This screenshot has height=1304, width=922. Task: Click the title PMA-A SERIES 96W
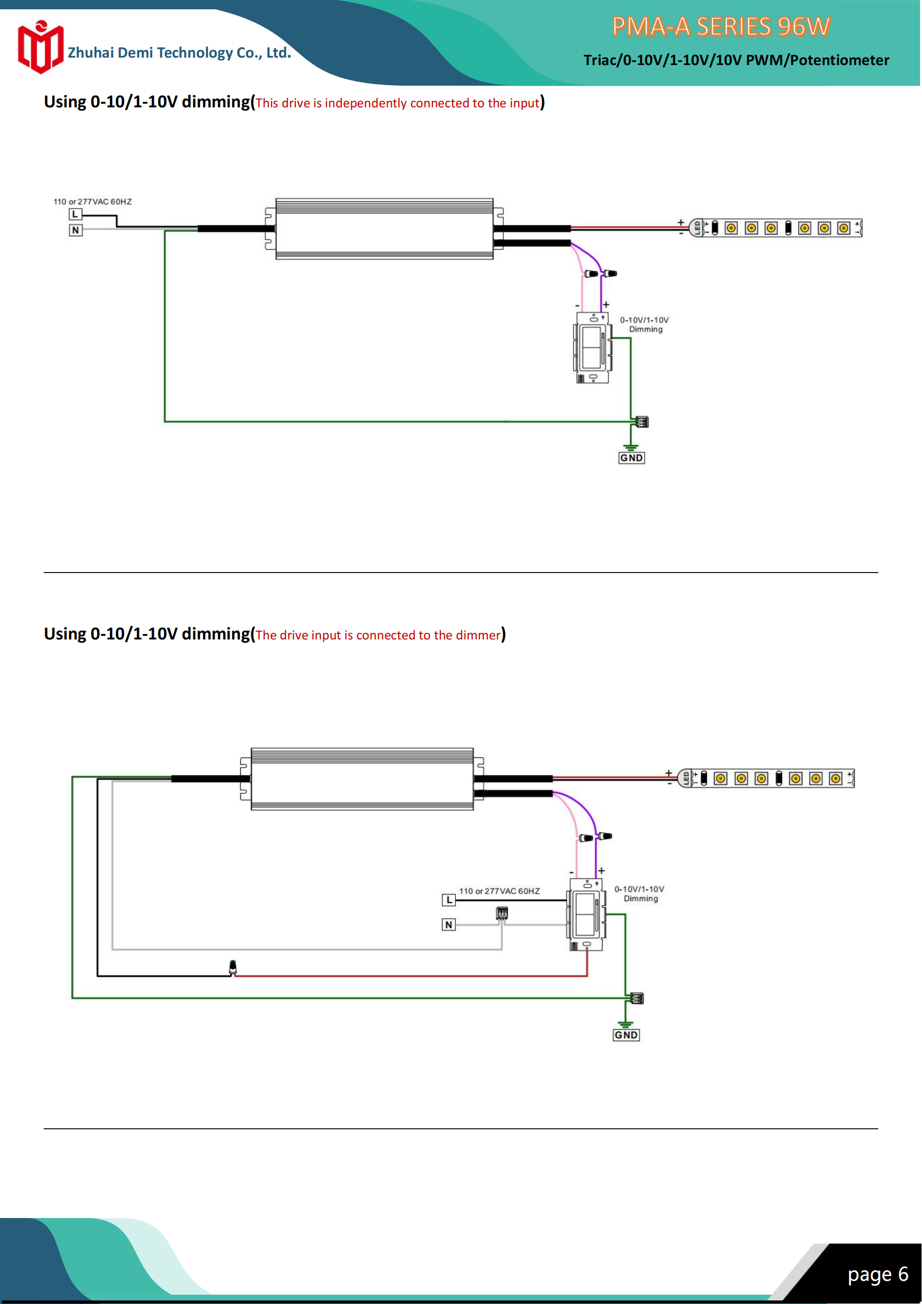click(x=721, y=26)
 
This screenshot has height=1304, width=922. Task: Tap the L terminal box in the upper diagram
click(x=75, y=214)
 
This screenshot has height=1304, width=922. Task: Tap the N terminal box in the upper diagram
click(x=75, y=230)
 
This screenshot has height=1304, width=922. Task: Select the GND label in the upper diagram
click(x=631, y=458)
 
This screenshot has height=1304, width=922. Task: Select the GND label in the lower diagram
click(x=626, y=1035)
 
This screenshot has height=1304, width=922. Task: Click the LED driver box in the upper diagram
click(x=384, y=229)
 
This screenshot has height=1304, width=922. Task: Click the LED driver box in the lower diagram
click(x=362, y=779)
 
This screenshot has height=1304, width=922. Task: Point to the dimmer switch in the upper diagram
click(x=593, y=348)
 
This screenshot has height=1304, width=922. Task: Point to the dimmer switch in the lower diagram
click(x=586, y=915)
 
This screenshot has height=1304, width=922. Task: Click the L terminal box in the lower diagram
click(x=449, y=900)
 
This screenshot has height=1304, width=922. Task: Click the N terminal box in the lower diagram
click(x=449, y=925)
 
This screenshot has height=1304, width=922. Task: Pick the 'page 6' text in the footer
click(x=878, y=1274)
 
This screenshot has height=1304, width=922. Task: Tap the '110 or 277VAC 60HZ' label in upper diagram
click(x=92, y=202)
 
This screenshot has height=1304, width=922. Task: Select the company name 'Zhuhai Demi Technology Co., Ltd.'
click(x=179, y=53)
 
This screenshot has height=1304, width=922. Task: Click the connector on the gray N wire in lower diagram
click(x=501, y=913)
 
